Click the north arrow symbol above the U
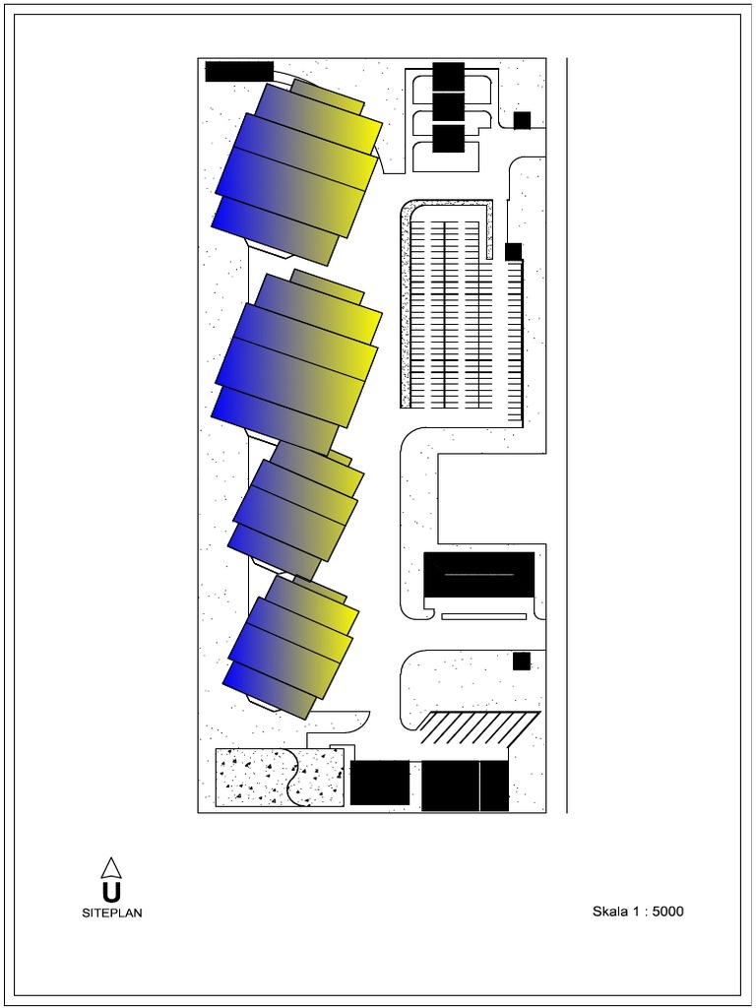pos(111,867)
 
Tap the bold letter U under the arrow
pos(111,893)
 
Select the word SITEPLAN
pos(111,913)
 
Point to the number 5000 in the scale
pos(667,912)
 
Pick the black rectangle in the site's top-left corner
pos(239,71)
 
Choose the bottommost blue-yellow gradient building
pos(291,646)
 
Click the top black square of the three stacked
pos(448,76)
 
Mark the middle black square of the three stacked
pos(448,106)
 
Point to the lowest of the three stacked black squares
pos(448,138)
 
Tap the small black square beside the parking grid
pos(513,251)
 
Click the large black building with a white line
pos(478,574)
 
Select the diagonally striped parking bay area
pos(478,727)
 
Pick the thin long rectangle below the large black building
pos(483,616)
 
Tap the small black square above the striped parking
pos(522,661)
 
